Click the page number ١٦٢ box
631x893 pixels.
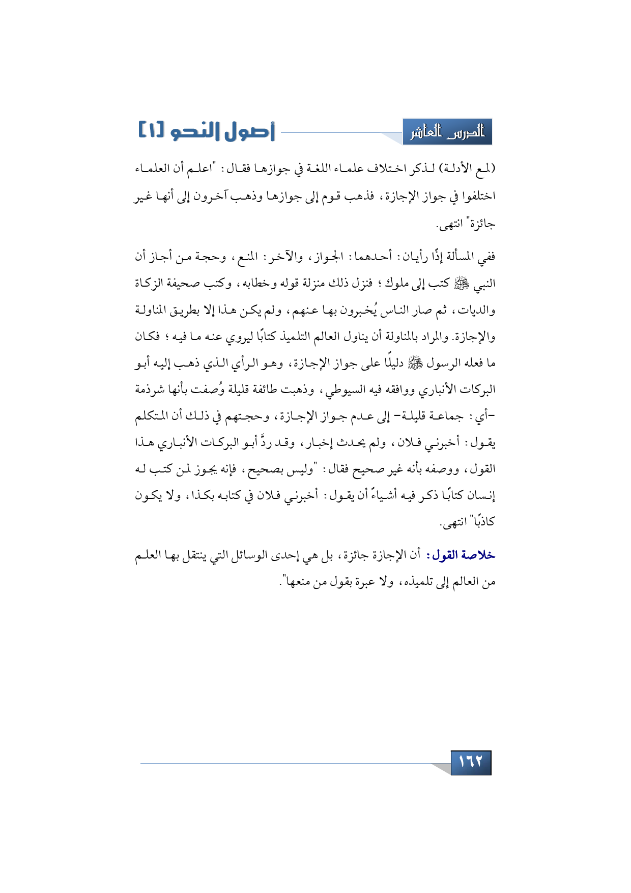click(471, 762)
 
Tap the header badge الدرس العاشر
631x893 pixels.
click(447, 132)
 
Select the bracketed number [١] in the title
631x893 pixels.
click(151, 131)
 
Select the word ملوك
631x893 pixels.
click(398, 284)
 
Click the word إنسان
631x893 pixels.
click(481, 495)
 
